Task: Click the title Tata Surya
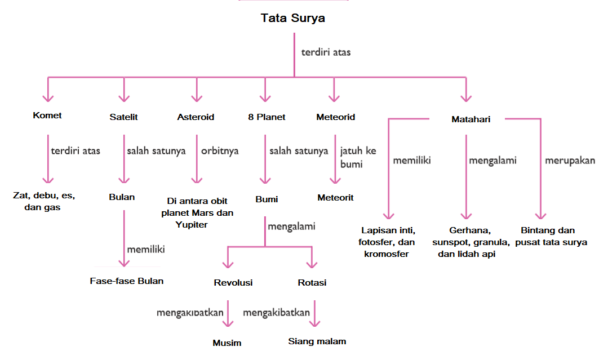tap(292, 18)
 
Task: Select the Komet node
tap(47, 115)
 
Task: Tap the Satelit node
tap(123, 117)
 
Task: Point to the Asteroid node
tap(196, 117)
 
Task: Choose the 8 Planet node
tap(267, 117)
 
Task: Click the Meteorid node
tap(336, 117)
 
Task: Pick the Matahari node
tap(471, 119)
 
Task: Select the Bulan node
tap(122, 198)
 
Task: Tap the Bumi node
tap(267, 199)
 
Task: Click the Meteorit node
tap(335, 198)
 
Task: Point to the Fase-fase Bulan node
tap(127, 281)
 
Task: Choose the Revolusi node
tap(233, 283)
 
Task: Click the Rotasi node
tap(312, 283)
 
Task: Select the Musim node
tap(227, 343)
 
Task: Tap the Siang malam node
tap(317, 341)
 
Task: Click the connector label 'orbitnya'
tap(220, 151)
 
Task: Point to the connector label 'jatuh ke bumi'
tap(358, 158)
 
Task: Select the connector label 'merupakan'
tap(570, 161)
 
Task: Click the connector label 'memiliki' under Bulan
tap(146, 248)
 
